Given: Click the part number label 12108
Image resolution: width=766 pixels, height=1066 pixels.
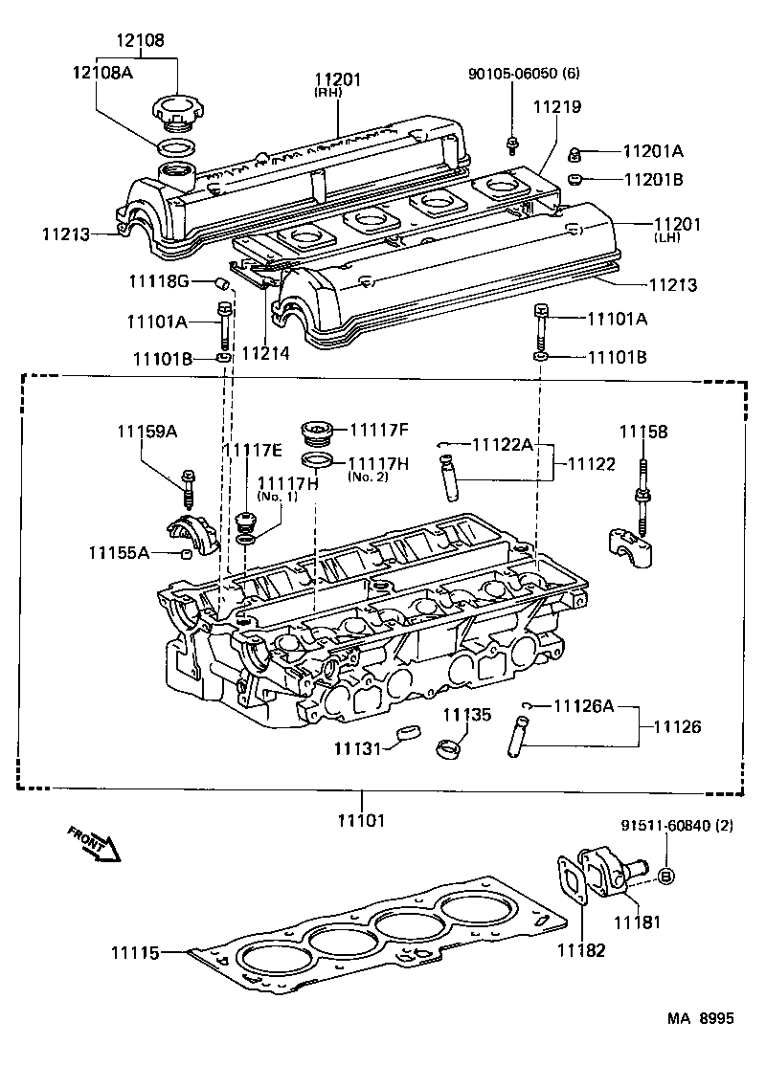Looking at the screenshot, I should (x=141, y=40).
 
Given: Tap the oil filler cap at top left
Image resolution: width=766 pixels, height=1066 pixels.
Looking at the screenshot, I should (x=174, y=113).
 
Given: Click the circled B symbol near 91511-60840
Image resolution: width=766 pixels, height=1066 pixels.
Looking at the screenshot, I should (x=667, y=876).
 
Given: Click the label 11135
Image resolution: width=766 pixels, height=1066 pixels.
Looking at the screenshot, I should (x=466, y=714).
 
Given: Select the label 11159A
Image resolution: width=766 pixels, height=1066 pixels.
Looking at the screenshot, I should (x=147, y=433).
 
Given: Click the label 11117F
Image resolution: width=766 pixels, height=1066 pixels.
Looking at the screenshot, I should (x=378, y=430).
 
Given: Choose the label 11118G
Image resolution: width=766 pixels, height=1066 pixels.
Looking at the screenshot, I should (x=159, y=280).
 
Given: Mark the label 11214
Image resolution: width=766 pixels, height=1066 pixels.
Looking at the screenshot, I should (x=264, y=353).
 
